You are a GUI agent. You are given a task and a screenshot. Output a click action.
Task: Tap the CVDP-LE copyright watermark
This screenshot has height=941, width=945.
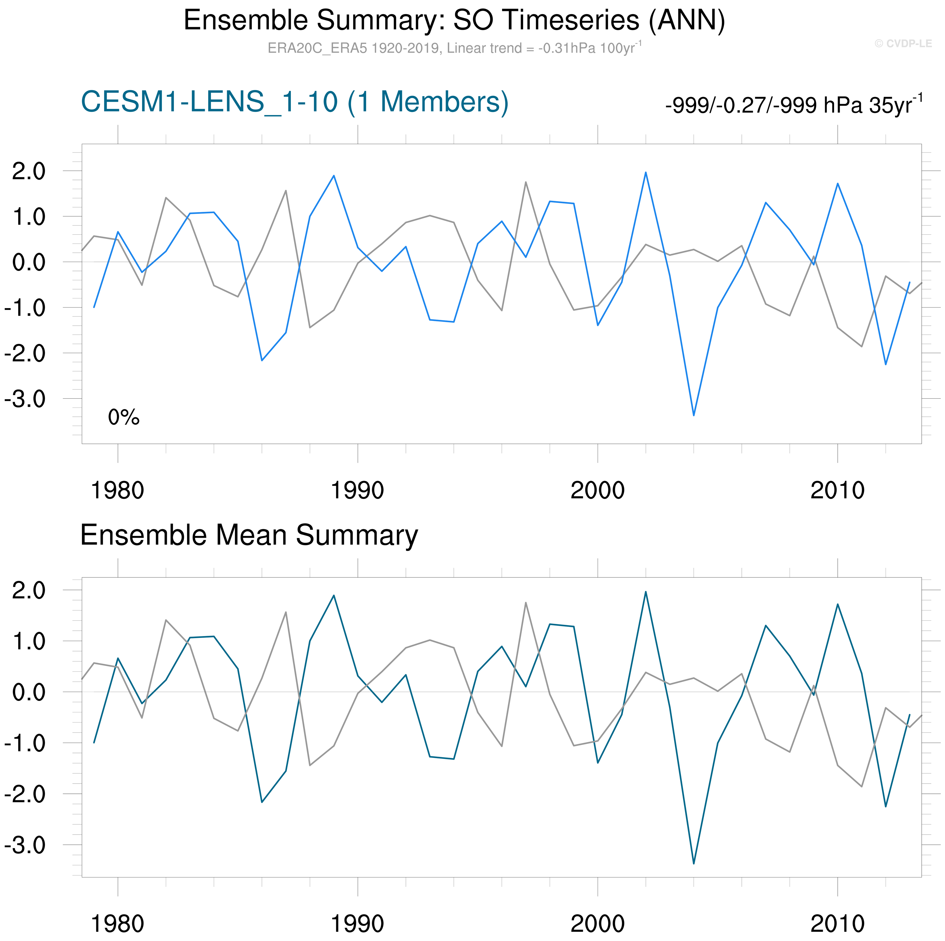pyautogui.click(x=903, y=43)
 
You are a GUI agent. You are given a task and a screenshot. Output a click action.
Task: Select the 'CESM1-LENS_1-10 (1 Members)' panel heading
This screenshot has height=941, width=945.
pyautogui.click(x=295, y=102)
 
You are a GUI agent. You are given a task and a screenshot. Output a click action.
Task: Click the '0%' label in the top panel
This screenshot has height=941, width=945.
pyautogui.click(x=124, y=417)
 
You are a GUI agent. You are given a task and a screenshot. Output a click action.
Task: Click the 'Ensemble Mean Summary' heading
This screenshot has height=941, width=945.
pyautogui.click(x=249, y=535)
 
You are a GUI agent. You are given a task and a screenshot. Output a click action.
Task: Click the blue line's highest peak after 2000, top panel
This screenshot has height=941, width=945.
pyautogui.click(x=646, y=172)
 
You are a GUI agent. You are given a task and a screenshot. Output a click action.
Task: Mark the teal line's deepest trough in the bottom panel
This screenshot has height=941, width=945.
pyautogui.click(x=694, y=863)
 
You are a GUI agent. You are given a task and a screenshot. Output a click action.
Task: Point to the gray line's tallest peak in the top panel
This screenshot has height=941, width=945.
pyautogui.click(x=526, y=183)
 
